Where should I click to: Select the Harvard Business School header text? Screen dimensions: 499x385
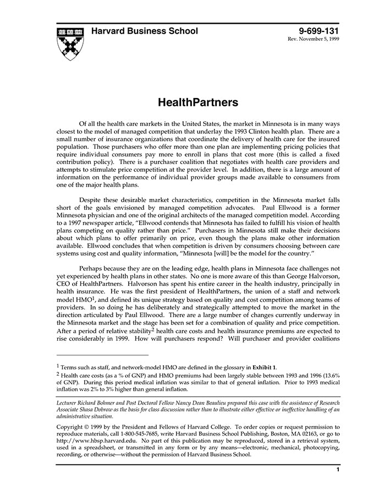point(144,31)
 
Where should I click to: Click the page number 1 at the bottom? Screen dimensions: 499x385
point(337,469)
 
